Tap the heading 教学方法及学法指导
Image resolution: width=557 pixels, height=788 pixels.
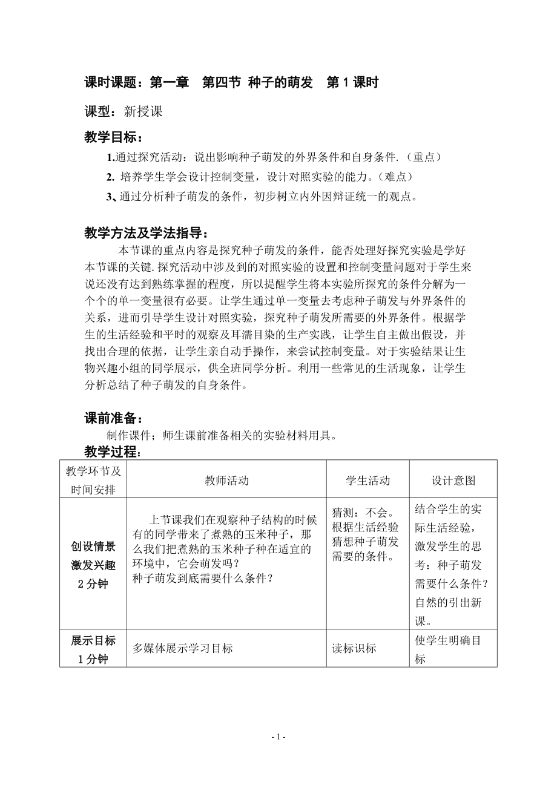coord(148,233)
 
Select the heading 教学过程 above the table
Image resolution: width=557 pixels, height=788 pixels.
coord(113,451)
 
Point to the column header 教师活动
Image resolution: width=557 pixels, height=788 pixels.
coord(226,481)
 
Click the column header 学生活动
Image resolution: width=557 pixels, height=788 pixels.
coord(367,481)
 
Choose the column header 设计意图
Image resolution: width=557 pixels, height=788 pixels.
coord(453,481)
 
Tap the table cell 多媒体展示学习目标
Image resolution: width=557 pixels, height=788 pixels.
coord(183,648)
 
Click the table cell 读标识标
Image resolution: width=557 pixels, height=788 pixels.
coord(354,648)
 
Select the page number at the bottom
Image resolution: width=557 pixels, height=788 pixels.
coord(278,737)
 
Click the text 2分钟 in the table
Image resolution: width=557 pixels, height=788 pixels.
coord(93,584)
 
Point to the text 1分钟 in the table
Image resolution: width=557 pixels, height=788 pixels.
coord(93,659)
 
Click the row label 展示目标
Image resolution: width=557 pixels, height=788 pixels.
coord(93,640)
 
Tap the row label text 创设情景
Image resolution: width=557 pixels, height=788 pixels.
coord(93,547)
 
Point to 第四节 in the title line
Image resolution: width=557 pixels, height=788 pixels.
coord(221,83)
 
